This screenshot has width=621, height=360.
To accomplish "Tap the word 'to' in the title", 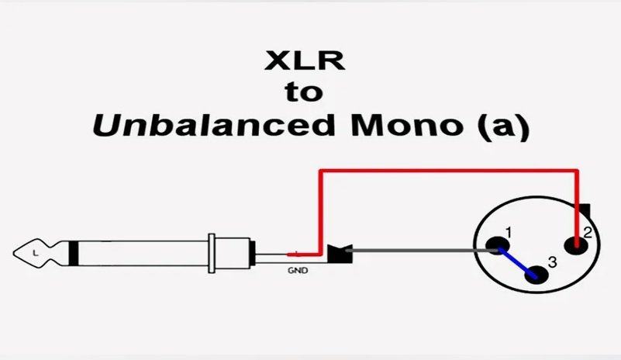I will pyautogui.click(x=303, y=92).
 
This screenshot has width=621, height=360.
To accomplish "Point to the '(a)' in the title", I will pyautogui.click(x=499, y=125).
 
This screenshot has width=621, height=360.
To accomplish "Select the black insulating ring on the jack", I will pyautogui.click(x=73, y=252).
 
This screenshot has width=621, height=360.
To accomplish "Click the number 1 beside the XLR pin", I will pyautogui.click(x=509, y=232).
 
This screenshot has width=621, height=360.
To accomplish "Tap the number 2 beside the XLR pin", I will pyautogui.click(x=588, y=233).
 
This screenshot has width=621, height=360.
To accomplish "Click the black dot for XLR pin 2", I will pyautogui.click(x=575, y=245).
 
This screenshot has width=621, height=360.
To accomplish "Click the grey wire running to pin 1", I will pyautogui.click(x=419, y=251).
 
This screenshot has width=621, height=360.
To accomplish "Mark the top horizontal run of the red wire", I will pyautogui.click(x=450, y=168).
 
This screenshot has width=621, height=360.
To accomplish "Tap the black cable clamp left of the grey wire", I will pyautogui.click(x=339, y=252).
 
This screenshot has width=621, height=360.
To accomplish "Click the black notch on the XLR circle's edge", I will pyautogui.click(x=586, y=211).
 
